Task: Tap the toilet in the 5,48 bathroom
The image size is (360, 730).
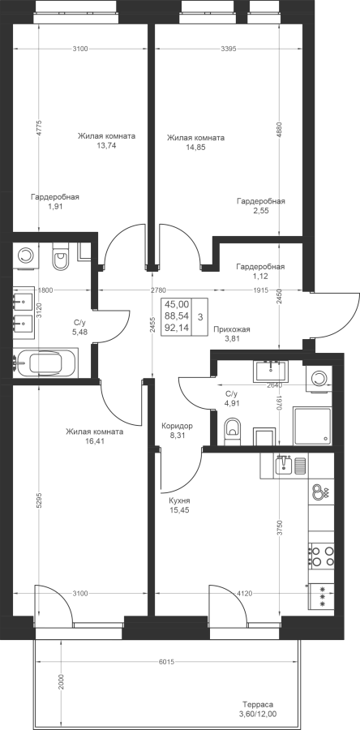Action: pyautogui.click(x=61, y=256)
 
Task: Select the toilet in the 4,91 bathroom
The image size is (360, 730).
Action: pyautogui.click(x=232, y=432)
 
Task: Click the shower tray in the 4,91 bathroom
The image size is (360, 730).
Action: pyautogui.click(x=312, y=426)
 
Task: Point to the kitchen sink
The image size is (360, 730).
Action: pyautogui.click(x=283, y=465)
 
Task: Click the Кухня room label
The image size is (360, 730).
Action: pyautogui.click(x=179, y=500)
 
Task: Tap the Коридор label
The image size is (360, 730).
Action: pyautogui.click(x=177, y=426)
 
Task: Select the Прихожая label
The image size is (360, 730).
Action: pyautogui.click(x=232, y=329)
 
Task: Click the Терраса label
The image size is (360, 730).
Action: pyautogui.click(x=257, y=704)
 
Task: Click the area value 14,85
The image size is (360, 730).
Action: pyautogui.click(x=195, y=147)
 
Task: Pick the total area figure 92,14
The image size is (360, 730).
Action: pyautogui.click(x=178, y=328)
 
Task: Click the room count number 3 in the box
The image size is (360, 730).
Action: pyautogui.click(x=199, y=317)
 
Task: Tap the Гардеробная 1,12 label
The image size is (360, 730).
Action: pyautogui.click(x=260, y=272)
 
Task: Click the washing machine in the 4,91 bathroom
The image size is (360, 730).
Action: pyautogui.click(x=319, y=378)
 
